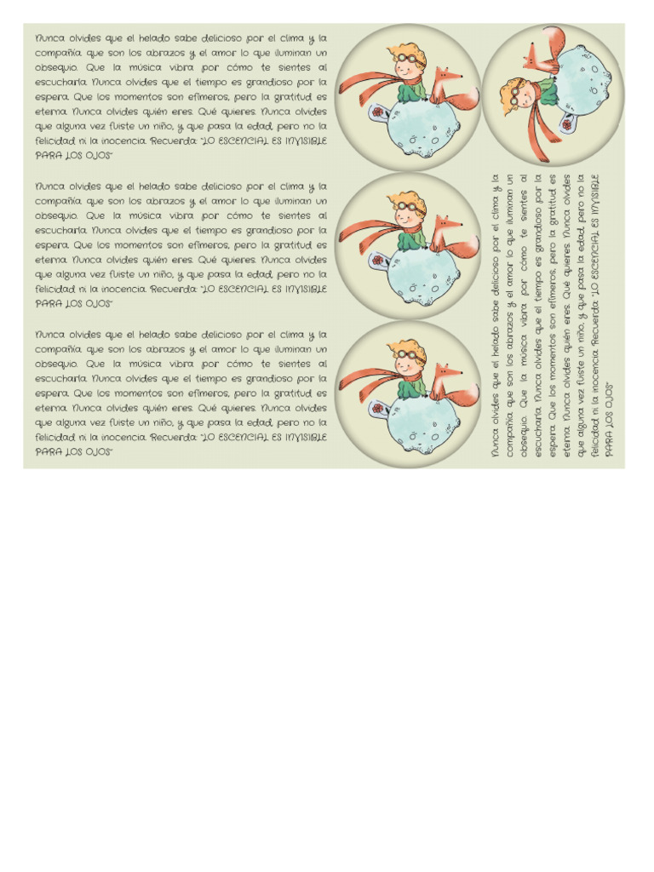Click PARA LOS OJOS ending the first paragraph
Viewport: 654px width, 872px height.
click(x=73, y=156)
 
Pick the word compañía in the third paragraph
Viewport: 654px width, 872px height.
click(x=58, y=349)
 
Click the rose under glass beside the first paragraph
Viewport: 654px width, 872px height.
click(x=376, y=114)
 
